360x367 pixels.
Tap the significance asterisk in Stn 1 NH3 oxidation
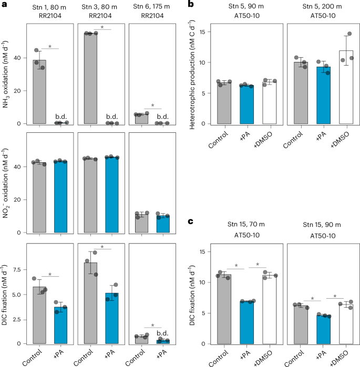(50, 47)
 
